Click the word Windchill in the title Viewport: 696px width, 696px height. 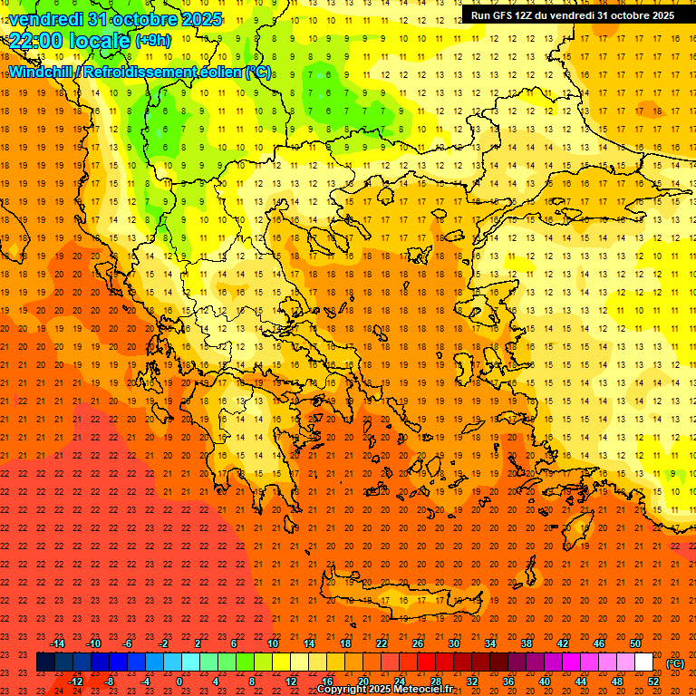point(42,71)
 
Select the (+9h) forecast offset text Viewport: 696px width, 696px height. point(151,40)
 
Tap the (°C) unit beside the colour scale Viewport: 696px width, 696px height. point(675,663)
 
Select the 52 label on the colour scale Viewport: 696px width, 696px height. point(653,681)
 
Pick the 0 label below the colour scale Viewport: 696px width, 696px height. point(179,681)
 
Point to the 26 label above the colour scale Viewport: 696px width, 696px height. point(418,643)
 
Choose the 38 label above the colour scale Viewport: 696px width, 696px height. point(527,643)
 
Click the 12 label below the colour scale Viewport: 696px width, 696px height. point(291,681)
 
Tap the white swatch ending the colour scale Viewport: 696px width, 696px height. point(643,662)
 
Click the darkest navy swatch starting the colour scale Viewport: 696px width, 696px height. point(45,662)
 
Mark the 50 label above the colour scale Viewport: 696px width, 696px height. point(635,643)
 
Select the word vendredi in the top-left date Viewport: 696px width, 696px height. point(47,19)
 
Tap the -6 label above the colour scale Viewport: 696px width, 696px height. point(128,643)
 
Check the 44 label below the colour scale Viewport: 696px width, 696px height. point(581,681)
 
